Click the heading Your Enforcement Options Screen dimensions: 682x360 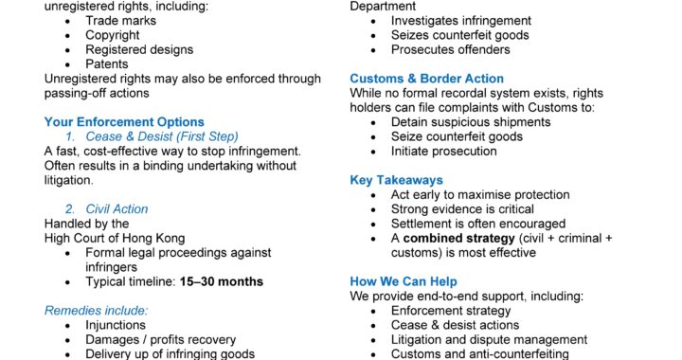click(124, 122)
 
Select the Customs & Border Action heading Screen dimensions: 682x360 click(427, 79)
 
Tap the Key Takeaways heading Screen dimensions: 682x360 click(396, 180)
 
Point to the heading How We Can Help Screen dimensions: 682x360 click(404, 281)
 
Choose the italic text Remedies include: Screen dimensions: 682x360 click(96, 310)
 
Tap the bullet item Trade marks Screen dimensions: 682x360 click(121, 21)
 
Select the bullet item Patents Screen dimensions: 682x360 click(107, 64)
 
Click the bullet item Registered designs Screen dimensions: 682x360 click(139, 50)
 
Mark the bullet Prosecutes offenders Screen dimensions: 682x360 click(457, 50)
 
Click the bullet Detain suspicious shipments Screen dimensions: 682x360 click(476, 122)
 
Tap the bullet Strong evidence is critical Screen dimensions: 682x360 click(462, 208)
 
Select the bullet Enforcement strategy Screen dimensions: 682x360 click(451, 311)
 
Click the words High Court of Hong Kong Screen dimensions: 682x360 click(115, 238)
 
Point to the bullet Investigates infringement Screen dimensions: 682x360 click(461, 21)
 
